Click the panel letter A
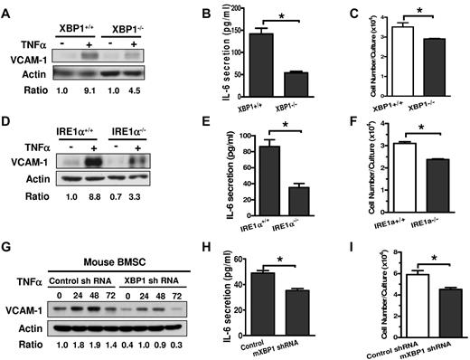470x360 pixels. (7, 9)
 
